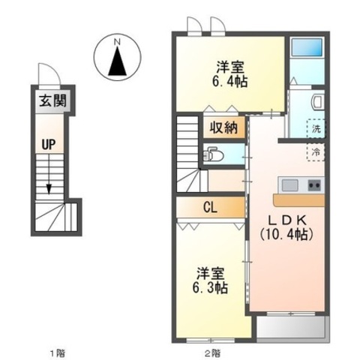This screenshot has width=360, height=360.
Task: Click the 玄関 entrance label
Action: [53, 101]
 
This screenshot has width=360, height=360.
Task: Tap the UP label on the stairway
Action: [49, 144]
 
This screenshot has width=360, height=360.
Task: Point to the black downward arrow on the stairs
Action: [49, 190]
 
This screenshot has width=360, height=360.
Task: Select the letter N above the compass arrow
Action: [117, 42]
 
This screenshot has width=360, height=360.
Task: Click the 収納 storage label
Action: [223, 128]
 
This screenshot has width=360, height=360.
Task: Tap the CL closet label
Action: [210, 208]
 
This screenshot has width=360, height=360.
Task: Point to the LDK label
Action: [287, 220]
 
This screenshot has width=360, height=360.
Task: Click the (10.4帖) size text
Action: [286, 235]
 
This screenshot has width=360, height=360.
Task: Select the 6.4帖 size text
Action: [230, 81]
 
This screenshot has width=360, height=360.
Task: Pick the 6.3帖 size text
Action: [210, 287]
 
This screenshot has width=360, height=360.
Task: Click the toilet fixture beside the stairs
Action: [212, 155]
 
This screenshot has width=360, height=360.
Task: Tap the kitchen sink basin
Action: [289, 185]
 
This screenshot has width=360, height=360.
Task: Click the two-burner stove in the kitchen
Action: [314, 185]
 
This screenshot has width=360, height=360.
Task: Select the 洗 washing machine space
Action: [316, 128]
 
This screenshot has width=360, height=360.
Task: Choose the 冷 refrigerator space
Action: [316, 152]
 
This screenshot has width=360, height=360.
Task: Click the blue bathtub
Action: [307, 47]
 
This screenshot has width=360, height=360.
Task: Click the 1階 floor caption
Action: [58, 354]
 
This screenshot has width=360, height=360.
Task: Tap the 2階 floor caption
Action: [212, 354]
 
